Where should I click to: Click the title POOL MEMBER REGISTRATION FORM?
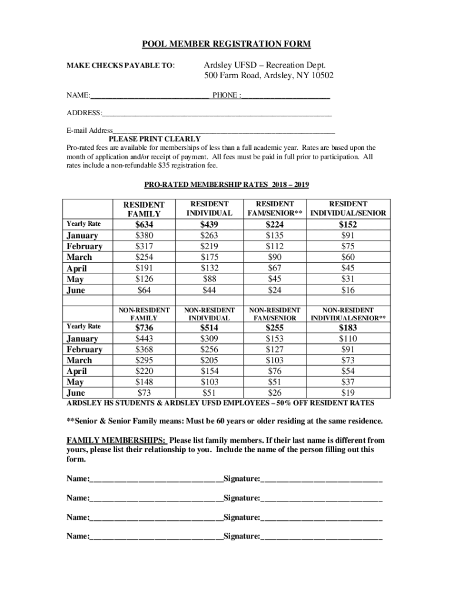point(226,45)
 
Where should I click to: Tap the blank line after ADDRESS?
point(216,113)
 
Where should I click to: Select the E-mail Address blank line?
point(224,131)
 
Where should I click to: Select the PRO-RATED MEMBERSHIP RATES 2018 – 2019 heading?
point(226,185)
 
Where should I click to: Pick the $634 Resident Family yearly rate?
point(144,225)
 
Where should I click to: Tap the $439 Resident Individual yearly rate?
point(209,225)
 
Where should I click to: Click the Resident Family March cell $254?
point(144,257)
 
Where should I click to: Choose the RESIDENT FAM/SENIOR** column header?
point(274,208)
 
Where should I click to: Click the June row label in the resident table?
point(76,290)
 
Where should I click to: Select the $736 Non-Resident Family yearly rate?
point(144,327)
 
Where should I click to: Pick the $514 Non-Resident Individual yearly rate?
point(209,327)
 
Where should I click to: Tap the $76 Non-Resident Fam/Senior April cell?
point(274,371)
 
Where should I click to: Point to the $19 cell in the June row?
point(348,393)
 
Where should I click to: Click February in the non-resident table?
point(84,349)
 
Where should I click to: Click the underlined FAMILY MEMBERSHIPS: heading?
point(116,440)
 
